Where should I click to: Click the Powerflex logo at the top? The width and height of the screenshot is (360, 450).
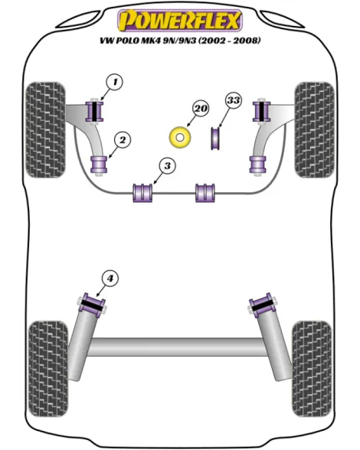180,20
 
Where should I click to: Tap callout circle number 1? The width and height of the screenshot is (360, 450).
115,83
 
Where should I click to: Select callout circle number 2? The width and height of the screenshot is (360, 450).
123,140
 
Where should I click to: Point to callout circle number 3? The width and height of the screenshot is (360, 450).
167,166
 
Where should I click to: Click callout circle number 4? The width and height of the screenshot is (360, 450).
110,279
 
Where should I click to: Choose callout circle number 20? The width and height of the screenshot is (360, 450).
201,109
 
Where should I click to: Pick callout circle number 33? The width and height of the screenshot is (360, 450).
234,100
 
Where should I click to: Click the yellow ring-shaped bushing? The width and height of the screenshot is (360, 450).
180,138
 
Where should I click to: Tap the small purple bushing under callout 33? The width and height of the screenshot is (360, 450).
215,138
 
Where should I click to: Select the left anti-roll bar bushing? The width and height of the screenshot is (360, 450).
142,193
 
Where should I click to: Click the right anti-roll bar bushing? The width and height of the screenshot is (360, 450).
205,193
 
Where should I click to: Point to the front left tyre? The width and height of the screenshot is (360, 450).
45,130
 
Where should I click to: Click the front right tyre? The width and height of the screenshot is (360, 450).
314,130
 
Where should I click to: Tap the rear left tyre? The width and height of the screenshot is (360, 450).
48,369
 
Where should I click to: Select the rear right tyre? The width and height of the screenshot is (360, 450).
312,369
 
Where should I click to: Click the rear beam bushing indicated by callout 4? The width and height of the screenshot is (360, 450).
92,305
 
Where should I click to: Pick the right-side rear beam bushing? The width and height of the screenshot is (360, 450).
263,305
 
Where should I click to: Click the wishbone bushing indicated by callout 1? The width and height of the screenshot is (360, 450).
95,112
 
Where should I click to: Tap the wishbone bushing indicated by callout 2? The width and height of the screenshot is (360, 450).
99,165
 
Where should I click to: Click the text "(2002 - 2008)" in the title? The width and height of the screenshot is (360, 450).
229,41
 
